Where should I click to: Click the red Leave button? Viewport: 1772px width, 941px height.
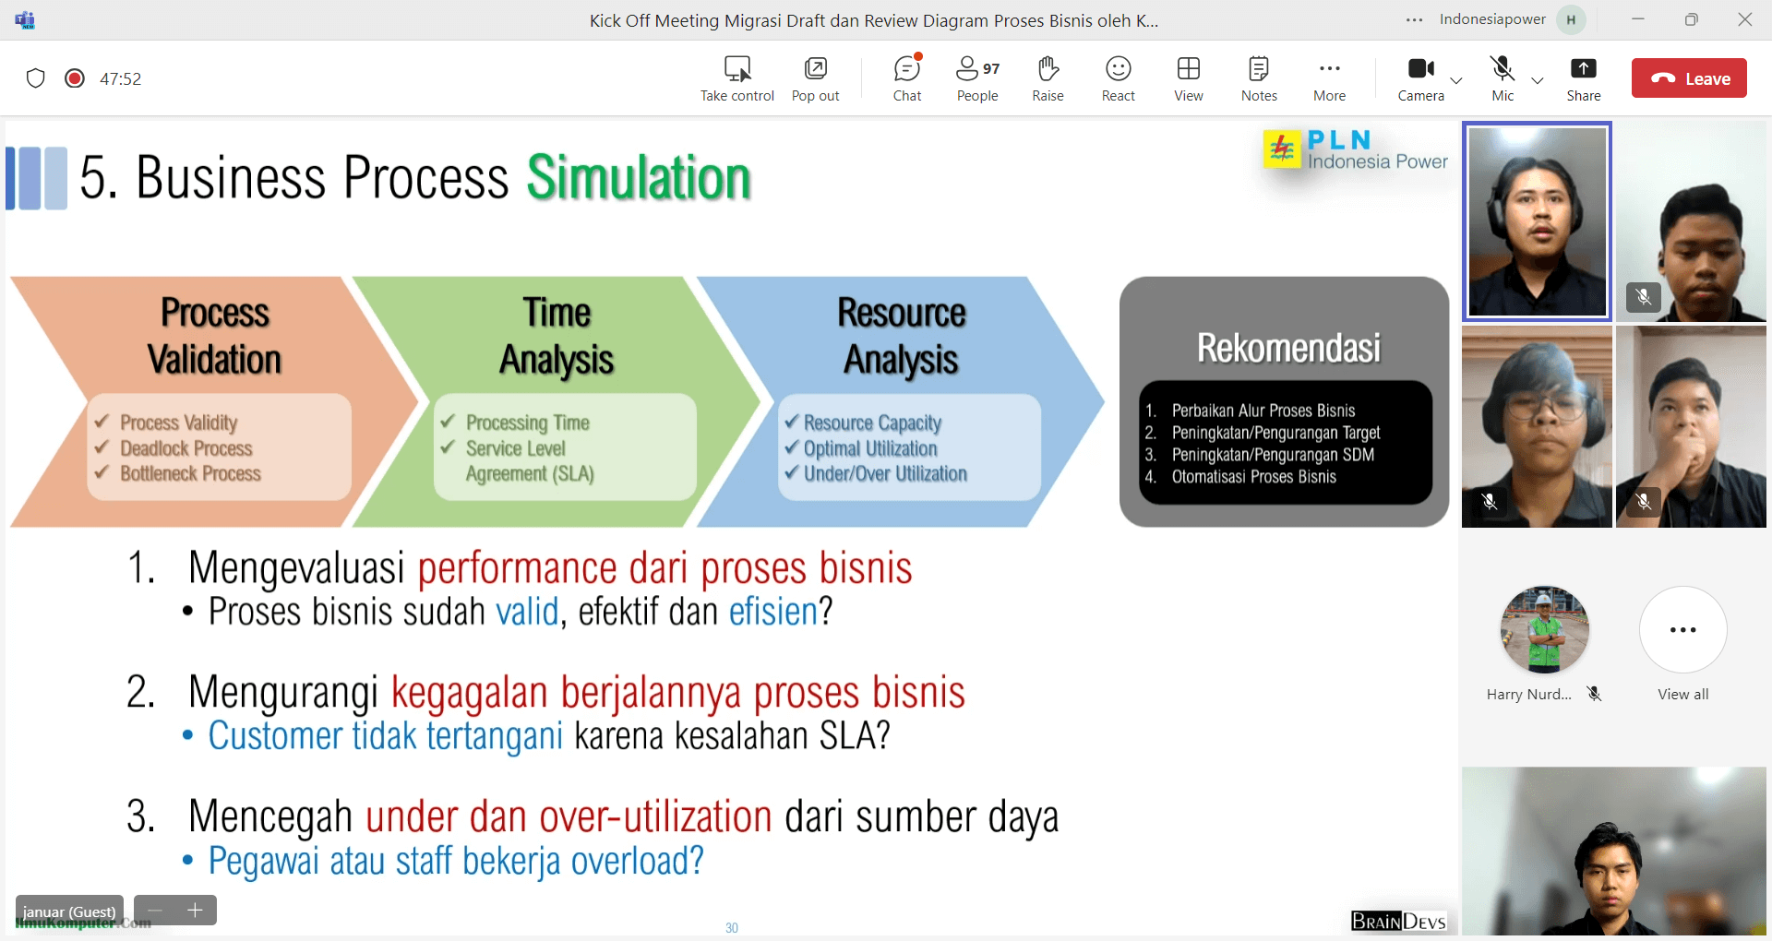(x=1689, y=78)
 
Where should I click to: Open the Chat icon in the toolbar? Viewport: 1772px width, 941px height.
(x=907, y=68)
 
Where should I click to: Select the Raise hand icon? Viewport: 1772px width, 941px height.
(x=1048, y=68)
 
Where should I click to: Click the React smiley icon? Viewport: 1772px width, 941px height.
(x=1118, y=68)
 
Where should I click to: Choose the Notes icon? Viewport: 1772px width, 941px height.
(x=1259, y=68)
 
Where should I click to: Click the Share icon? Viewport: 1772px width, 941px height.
(x=1583, y=68)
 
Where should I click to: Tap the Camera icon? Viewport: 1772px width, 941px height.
(x=1421, y=68)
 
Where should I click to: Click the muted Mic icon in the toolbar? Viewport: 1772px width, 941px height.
(x=1503, y=68)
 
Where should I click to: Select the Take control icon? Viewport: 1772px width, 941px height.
(x=737, y=68)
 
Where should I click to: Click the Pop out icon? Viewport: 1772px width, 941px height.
(x=816, y=68)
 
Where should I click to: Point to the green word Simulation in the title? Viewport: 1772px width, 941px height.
(x=639, y=177)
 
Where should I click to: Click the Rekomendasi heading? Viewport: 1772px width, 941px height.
(x=1288, y=348)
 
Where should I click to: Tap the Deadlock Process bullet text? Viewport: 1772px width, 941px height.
(x=186, y=448)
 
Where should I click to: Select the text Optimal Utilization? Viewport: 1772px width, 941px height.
(x=870, y=449)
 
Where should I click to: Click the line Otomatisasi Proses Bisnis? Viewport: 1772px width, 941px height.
(x=1253, y=477)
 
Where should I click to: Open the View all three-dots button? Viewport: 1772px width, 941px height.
(x=1682, y=630)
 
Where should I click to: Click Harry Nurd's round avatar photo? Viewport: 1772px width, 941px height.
(x=1545, y=630)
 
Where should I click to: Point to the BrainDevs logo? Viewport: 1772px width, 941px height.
(x=1398, y=921)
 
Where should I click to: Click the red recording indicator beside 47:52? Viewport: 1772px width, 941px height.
(x=75, y=78)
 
